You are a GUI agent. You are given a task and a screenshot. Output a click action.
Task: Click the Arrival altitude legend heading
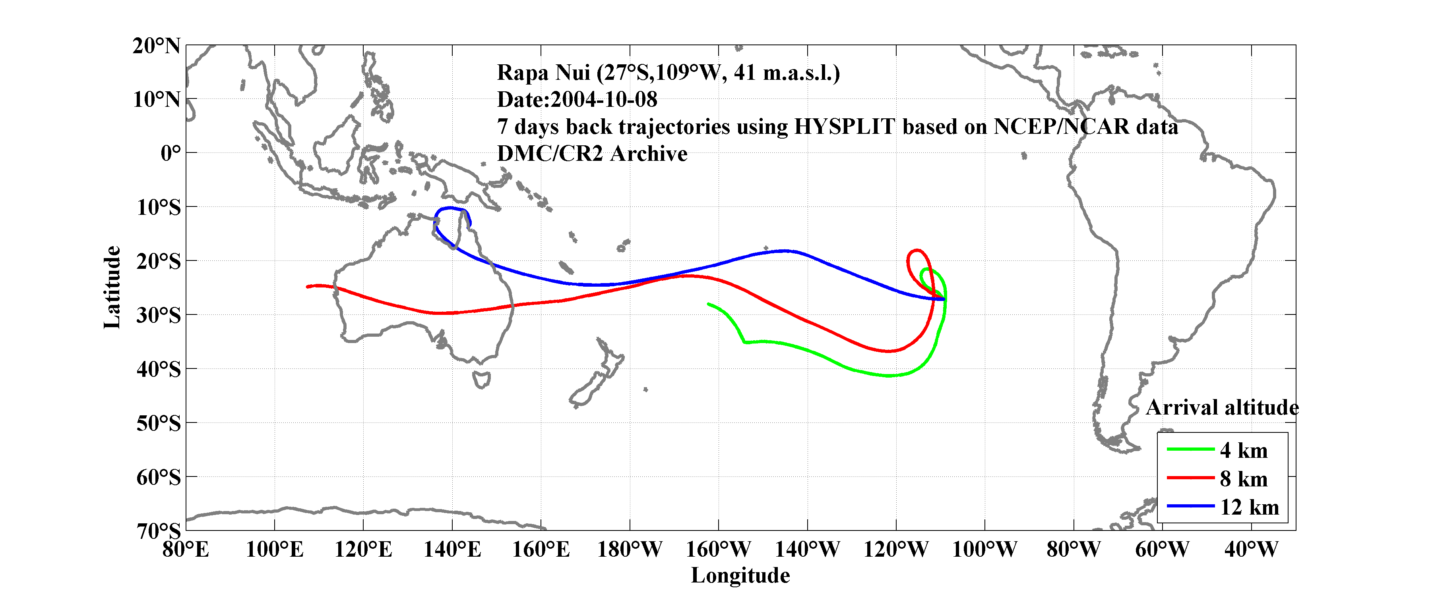pos(1222,408)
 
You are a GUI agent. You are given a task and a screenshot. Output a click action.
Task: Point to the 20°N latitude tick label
pos(156,46)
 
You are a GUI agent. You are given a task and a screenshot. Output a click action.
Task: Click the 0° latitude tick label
pos(171,153)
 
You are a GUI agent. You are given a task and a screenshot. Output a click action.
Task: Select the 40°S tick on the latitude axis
pos(159,369)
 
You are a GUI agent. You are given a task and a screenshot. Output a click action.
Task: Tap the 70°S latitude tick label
pos(159,531)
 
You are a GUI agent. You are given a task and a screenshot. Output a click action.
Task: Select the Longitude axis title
pos(740,575)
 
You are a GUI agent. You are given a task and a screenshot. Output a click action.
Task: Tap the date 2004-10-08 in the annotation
pos(604,99)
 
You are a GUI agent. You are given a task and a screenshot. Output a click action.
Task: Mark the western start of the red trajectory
pos(307,287)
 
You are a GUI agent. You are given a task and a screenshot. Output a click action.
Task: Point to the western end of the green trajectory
pos(708,304)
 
